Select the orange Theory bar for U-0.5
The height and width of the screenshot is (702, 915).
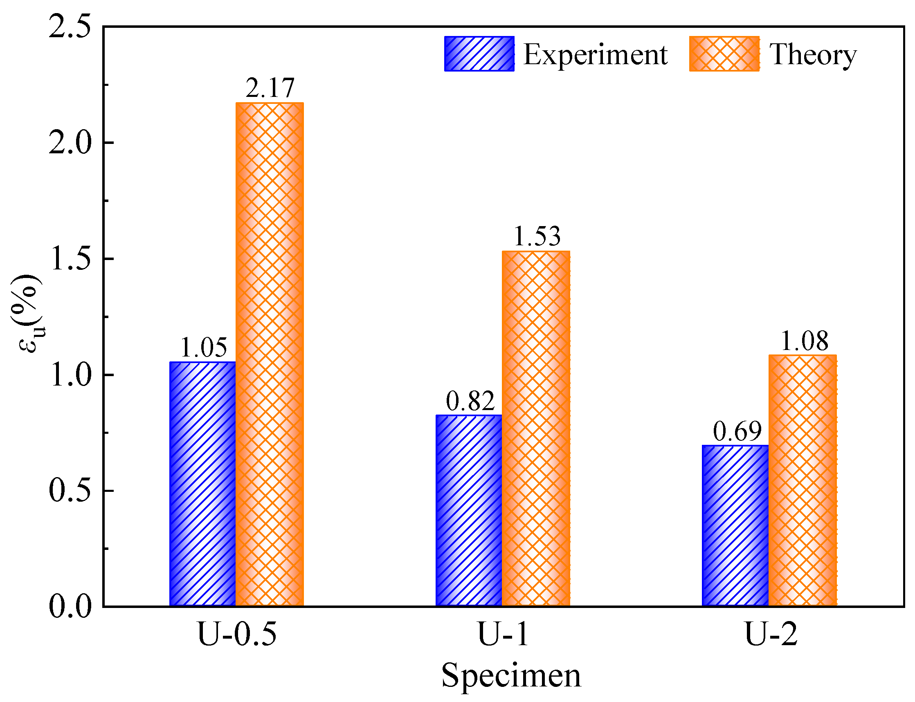[x=270, y=354]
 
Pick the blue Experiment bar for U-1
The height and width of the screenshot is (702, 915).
[x=469, y=510]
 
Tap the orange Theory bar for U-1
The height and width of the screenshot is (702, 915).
[x=536, y=428]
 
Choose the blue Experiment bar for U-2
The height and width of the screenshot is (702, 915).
[x=736, y=525]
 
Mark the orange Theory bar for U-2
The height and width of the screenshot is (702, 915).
[x=803, y=480]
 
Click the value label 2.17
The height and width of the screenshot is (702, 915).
[x=270, y=88]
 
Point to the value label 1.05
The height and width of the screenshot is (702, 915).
[x=204, y=347]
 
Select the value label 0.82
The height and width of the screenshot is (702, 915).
[x=470, y=401]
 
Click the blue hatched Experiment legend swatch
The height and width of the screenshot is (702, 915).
[x=479, y=54]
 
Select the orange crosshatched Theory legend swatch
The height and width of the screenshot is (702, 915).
[x=724, y=54]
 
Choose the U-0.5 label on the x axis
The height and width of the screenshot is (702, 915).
[x=237, y=634]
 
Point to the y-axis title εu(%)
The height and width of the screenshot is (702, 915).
[x=27, y=314]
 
